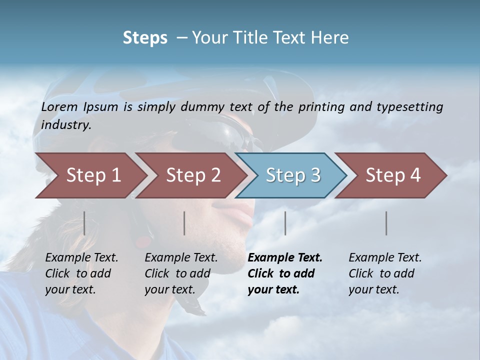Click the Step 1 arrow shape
[90, 175]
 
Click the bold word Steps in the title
[145, 38]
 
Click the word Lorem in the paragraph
[59, 106]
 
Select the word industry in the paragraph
[65, 124]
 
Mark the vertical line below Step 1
[84, 223]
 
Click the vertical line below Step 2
[184, 223]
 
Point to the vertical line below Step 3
[285, 223]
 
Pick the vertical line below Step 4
[386, 223]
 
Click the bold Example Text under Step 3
[285, 273]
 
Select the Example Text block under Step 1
[81, 273]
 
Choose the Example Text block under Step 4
[385, 273]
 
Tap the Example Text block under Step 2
[181, 273]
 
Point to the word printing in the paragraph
[322, 106]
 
